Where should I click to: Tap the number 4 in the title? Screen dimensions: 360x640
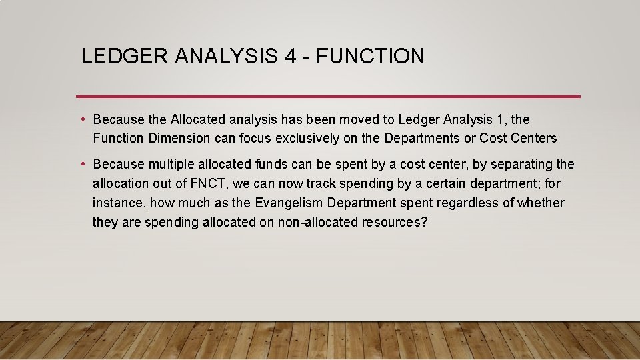coord(290,56)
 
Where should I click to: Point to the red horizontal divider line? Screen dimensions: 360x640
coord(328,97)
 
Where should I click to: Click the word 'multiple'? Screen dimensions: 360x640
coord(175,165)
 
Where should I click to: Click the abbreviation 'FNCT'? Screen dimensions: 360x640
coord(210,183)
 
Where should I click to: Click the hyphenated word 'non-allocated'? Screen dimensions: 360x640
coord(319,222)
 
